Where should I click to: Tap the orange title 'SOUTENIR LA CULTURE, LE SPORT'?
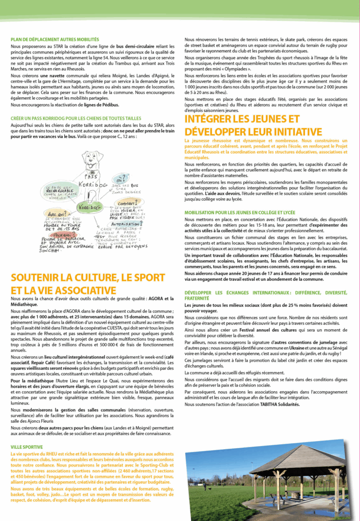coord(85,277)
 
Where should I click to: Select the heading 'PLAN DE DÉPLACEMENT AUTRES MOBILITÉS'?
coord(54,39)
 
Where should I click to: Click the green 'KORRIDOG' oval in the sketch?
coord(89,208)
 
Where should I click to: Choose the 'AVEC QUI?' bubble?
coord(56,214)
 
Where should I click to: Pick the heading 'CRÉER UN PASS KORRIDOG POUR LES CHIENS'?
coord(69,118)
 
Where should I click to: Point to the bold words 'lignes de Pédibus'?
coord(100,105)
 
